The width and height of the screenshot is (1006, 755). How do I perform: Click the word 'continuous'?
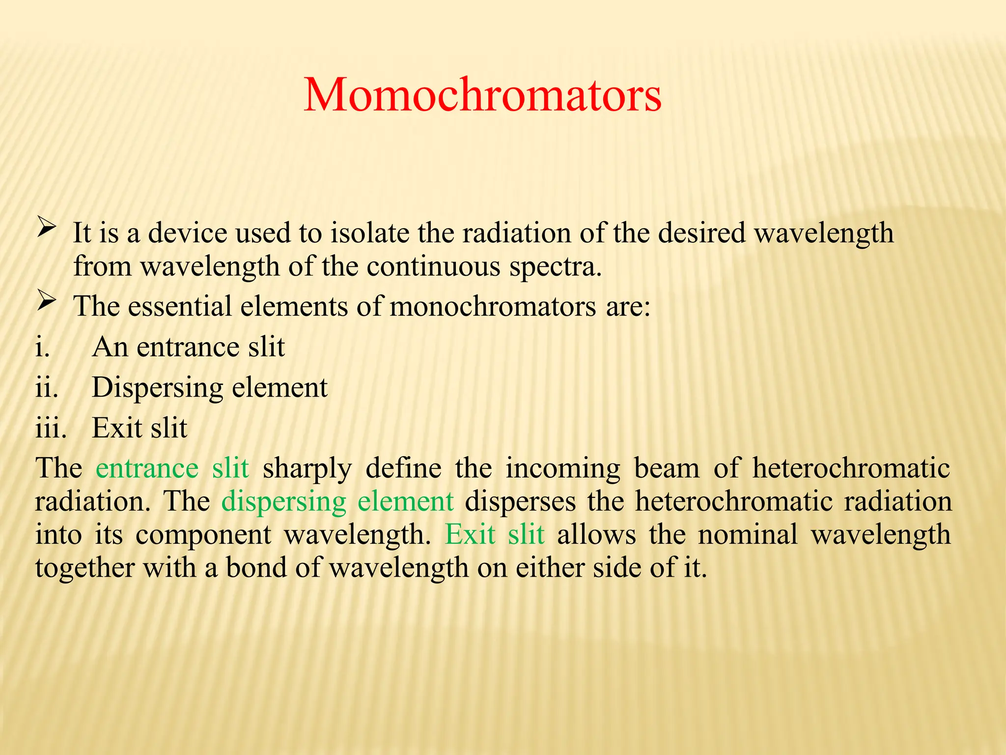433,266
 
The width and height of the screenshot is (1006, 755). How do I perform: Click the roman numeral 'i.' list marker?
43,347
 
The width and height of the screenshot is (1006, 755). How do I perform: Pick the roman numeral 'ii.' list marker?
47,387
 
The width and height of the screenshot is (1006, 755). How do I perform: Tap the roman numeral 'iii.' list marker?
51,428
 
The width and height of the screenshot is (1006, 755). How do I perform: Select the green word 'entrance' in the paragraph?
147,468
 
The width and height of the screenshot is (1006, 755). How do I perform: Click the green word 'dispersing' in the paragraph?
284,502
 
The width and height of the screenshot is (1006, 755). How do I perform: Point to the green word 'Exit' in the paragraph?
470,534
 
